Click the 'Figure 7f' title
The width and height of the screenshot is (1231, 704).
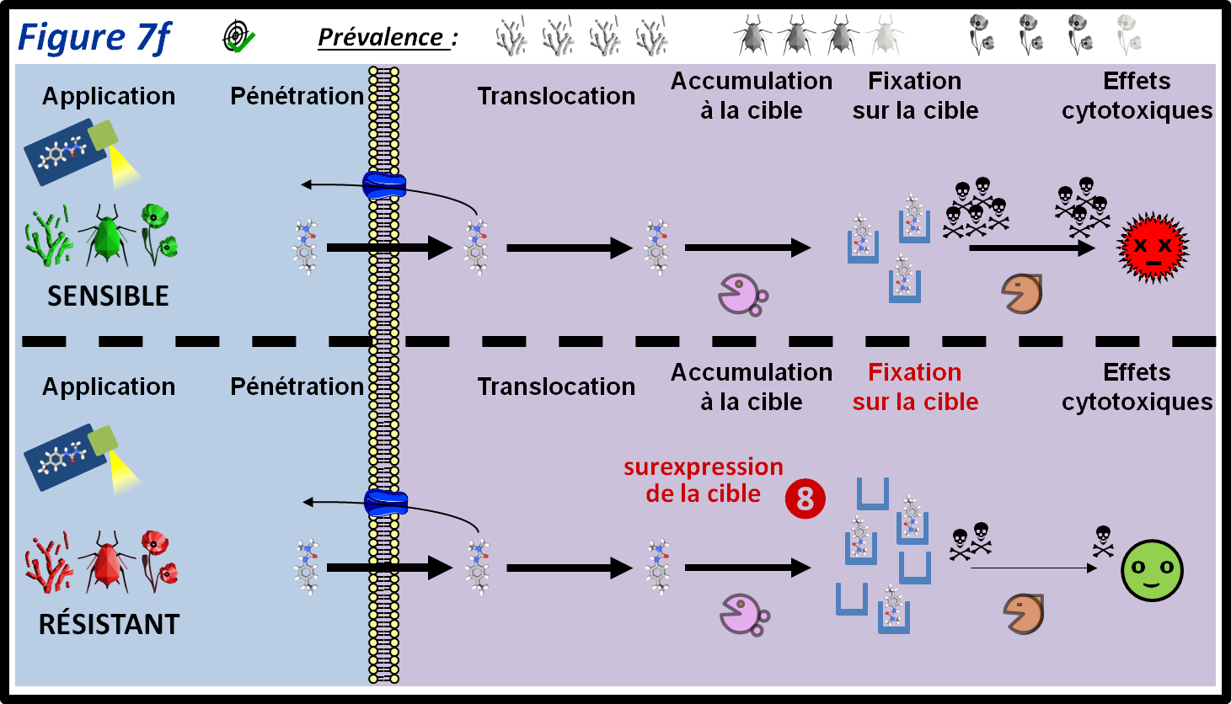(x=94, y=38)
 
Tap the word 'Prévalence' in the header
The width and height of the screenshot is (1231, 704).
(x=381, y=38)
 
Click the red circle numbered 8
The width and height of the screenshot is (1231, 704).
(x=805, y=499)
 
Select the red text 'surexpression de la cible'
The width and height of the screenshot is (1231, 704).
(x=704, y=480)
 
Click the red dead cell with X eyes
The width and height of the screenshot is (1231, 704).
(x=1152, y=248)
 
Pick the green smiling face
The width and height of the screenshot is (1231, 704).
(x=1152, y=570)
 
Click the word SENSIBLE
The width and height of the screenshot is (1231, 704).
(x=108, y=296)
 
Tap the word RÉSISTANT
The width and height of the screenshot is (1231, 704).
(x=109, y=625)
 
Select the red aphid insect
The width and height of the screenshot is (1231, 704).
(x=107, y=561)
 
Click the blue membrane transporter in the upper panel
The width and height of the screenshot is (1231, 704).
(x=384, y=185)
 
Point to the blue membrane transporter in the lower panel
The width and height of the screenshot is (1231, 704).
(x=385, y=504)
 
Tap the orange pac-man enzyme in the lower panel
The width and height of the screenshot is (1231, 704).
(x=1024, y=613)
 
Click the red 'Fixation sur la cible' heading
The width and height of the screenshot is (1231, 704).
(x=915, y=387)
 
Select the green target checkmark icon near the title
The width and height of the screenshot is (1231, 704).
(x=238, y=37)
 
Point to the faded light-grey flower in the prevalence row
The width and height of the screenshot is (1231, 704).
(x=1129, y=35)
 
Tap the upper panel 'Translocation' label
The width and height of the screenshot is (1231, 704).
(x=556, y=96)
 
